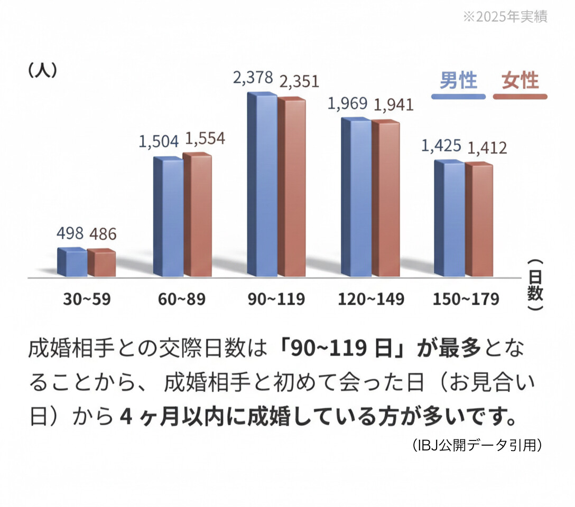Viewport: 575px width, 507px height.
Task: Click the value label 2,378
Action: click(253, 78)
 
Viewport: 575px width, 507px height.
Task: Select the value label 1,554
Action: click(204, 138)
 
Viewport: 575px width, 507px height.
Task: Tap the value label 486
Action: click(102, 234)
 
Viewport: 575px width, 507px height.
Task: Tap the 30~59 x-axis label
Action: click(87, 299)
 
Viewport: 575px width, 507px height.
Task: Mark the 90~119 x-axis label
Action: click(276, 299)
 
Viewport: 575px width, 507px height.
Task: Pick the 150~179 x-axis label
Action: click(466, 299)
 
